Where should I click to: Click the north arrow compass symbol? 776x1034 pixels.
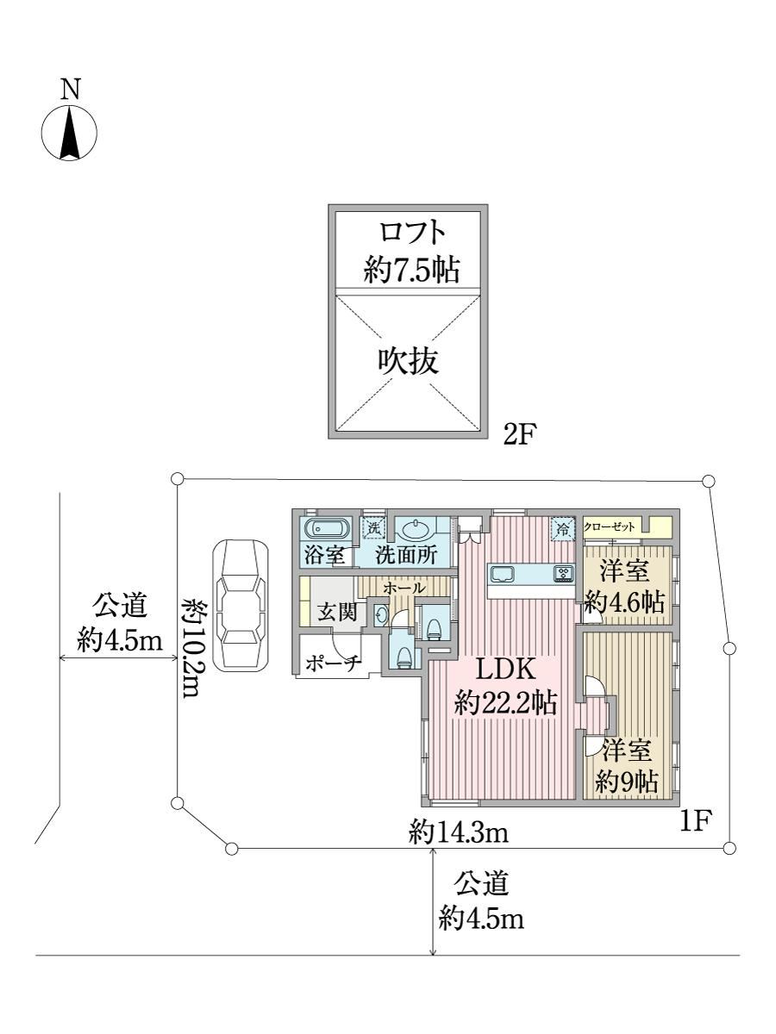pyautogui.click(x=70, y=133)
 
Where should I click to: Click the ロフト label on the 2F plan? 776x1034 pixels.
pyautogui.click(x=412, y=233)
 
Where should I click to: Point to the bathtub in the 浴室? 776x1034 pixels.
pyautogui.click(x=326, y=527)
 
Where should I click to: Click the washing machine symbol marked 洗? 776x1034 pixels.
pyautogui.click(x=373, y=527)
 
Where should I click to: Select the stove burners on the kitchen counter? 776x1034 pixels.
pyautogui.click(x=565, y=573)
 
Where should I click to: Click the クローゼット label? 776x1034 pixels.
pyautogui.click(x=610, y=526)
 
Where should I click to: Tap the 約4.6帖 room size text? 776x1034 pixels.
pyautogui.click(x=625, y=602)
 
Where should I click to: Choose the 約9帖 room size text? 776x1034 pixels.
pyautogui.click(x=627, y=782)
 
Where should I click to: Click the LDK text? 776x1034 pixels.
pyautogui.click(x=505, y=668)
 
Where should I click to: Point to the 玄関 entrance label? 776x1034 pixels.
pyautogui.click(x=337, y=612)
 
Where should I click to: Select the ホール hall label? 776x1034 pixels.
pyautogui.click(x=404, y=588)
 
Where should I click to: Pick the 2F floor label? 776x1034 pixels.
pyautogui.click(x=519, y=435)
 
